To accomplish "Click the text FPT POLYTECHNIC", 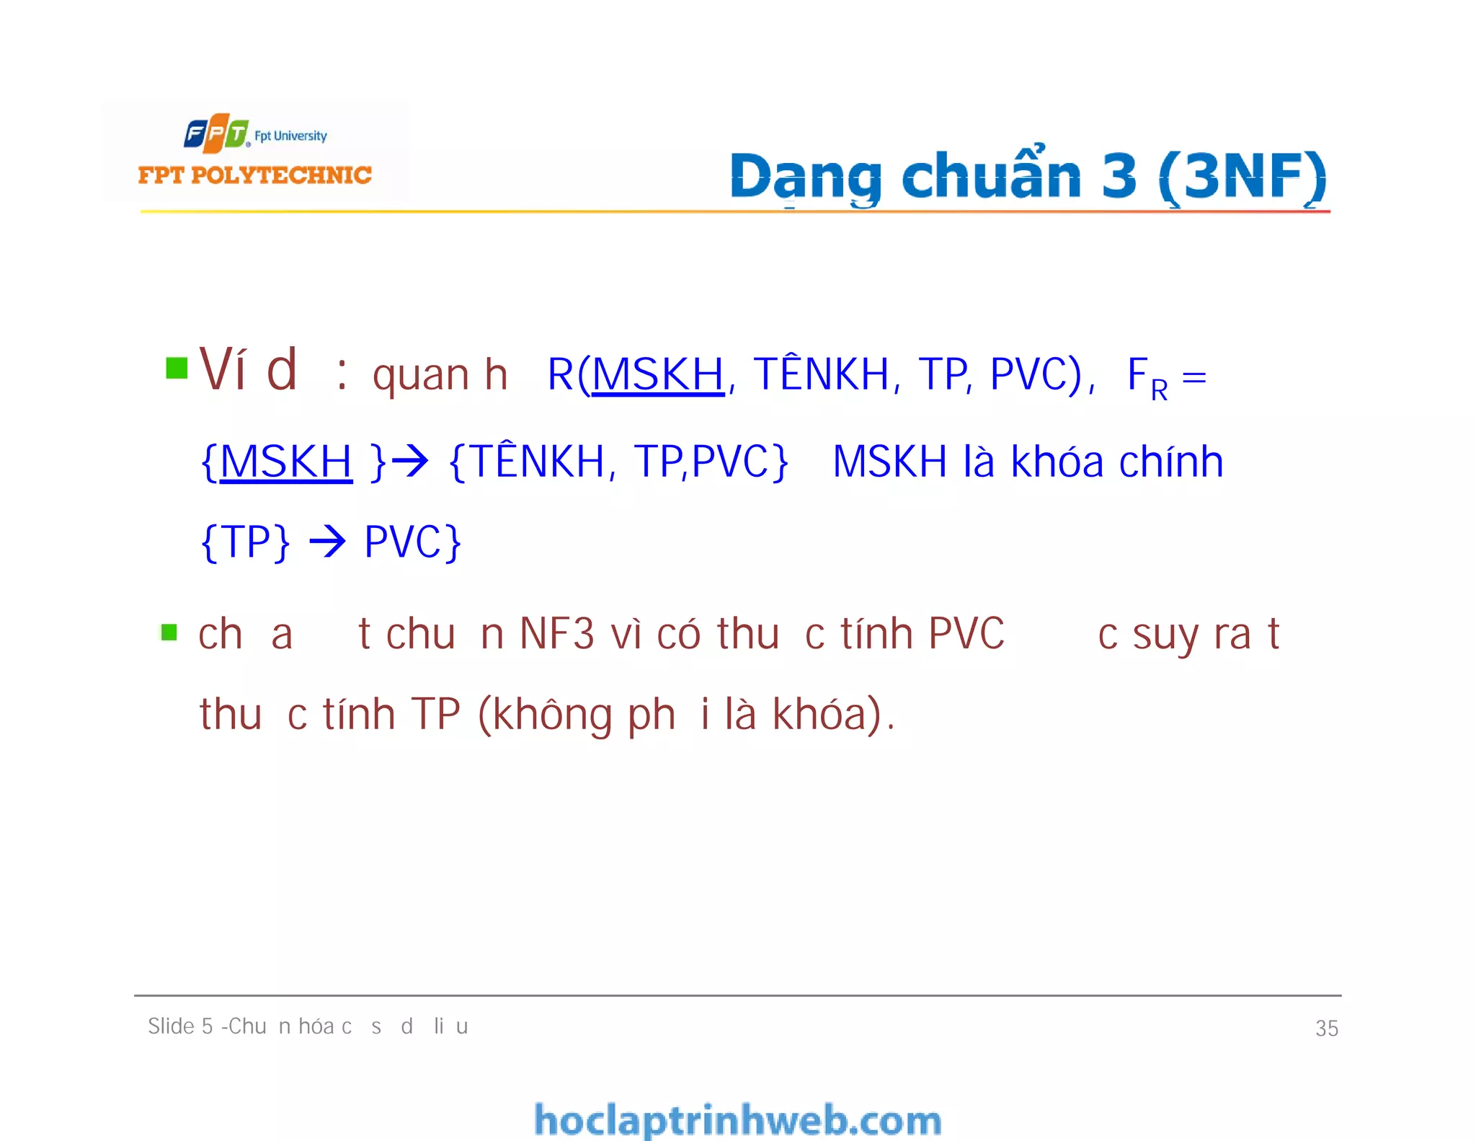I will coord(254,175).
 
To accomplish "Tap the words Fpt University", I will coord(290,136).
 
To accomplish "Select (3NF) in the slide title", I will coord(1243,177).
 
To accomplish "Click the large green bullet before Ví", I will coord(177,368).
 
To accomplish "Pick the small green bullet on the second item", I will coord(169,633).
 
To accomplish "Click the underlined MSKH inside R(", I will coord(657,375).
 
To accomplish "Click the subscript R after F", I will coord(1159,390).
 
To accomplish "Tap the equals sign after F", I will coord(1194,377).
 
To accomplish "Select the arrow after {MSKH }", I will coord(409,462).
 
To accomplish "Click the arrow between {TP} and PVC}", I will coord(327,542).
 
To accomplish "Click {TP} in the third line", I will coord(246,542).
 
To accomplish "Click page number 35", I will coord(1326,1028).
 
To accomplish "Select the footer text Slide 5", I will coord(180,1026).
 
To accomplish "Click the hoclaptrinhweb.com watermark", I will coord(737,1120).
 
